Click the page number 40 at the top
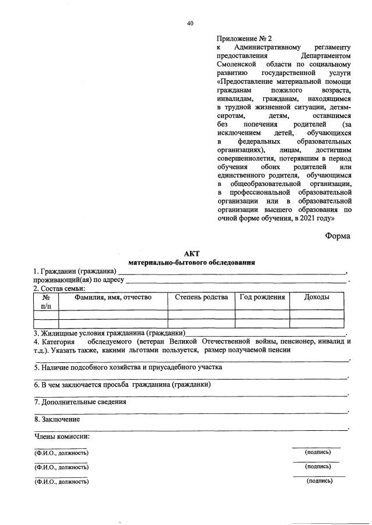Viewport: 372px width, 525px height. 190,23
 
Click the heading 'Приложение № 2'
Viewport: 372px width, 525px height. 239,38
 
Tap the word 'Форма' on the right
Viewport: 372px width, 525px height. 338,236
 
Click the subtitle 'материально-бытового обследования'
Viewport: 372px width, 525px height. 191,263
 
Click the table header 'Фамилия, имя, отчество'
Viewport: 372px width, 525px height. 113,297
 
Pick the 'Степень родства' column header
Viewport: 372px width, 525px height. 201,297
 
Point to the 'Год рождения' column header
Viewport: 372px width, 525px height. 263,297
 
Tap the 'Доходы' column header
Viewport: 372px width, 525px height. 317,297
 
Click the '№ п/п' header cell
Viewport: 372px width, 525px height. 46,301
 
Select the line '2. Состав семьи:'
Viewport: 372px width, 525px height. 59,288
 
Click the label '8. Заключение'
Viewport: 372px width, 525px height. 57,419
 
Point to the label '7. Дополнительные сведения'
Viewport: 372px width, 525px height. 80,402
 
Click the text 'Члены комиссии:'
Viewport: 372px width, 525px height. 62,436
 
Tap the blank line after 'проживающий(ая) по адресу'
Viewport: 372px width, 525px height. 235,280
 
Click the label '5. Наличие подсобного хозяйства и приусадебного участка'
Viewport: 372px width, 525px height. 128,367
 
